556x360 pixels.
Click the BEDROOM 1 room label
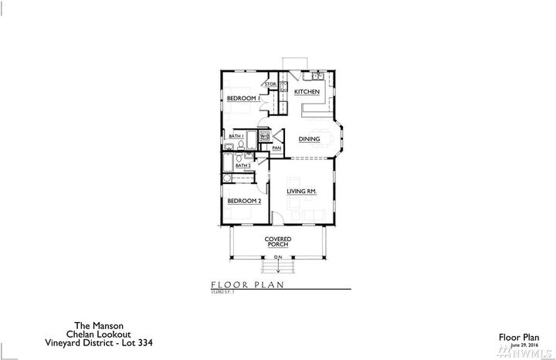click(242, 98)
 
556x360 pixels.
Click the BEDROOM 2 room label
click(243, 200)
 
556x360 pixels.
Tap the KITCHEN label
click(307, 92)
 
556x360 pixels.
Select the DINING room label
click(309, 139)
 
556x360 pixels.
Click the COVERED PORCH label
click(277, 241)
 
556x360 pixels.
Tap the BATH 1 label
click(236, 136)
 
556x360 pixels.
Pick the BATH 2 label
click(243, 165)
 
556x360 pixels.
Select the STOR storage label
click(271, 83)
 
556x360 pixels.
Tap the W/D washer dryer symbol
click(265, 137)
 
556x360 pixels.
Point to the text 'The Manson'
click(74, 326)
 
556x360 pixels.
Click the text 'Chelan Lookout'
click(74, 335)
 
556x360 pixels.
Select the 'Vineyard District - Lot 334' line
click(74, 343)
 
